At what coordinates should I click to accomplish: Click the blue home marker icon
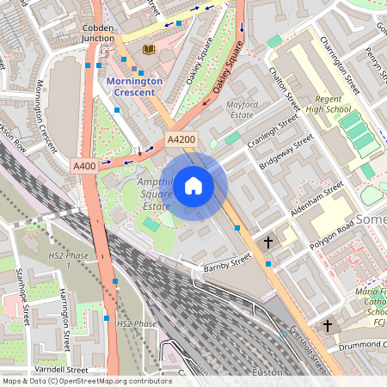point(193,185)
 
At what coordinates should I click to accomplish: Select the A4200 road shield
point(181,139)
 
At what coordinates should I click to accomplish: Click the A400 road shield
point(84,166)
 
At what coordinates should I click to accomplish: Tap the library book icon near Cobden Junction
point(148,49)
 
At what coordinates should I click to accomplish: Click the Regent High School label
point(328,104)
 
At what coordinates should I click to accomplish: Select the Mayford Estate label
point(242,109)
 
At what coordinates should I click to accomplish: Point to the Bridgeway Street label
point(288,153)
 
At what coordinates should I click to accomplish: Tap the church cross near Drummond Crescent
point(327,326)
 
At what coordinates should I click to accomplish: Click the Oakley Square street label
point(200,59)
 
